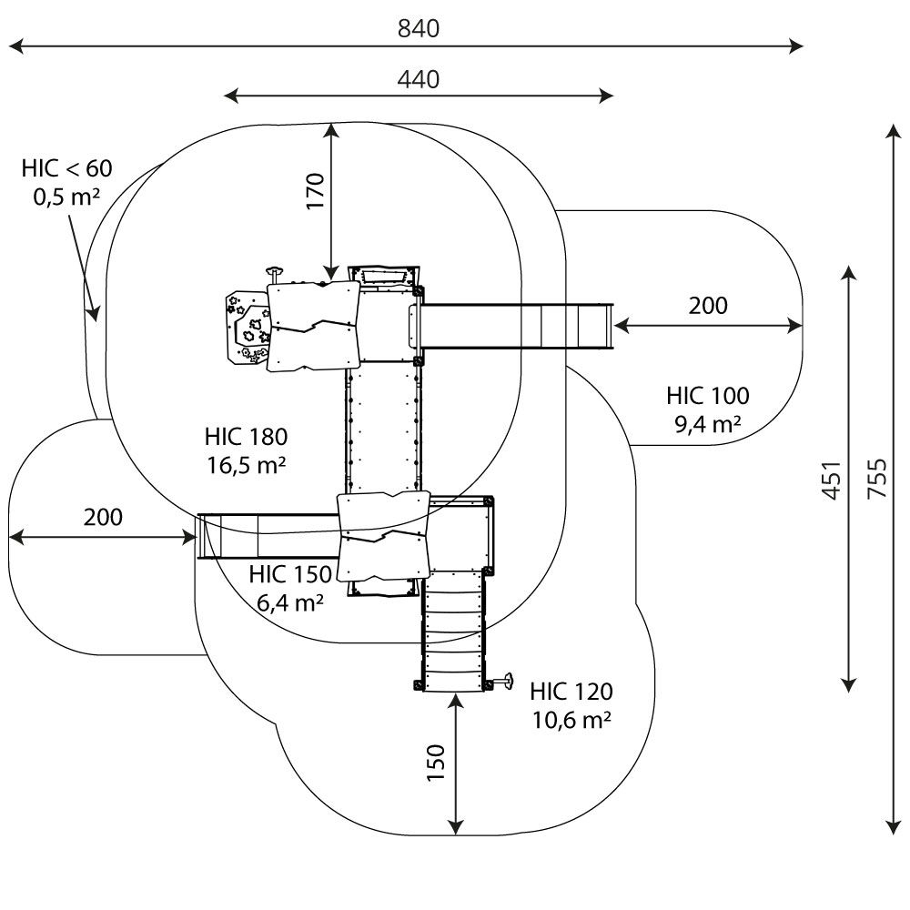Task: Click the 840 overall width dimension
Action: (419, 29)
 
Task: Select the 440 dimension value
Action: (419, 80)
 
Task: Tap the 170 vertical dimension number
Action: (315, 191)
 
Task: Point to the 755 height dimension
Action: (876, 479)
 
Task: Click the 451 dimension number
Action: (830, 479)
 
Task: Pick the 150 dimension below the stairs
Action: (437, 763)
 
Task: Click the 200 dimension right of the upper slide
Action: (708, 306)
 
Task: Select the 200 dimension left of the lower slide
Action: (103, 518)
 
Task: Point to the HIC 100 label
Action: (708, 396)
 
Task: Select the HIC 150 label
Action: (290, 574)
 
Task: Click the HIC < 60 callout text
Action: (66, 168)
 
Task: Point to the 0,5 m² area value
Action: (66, 197)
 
